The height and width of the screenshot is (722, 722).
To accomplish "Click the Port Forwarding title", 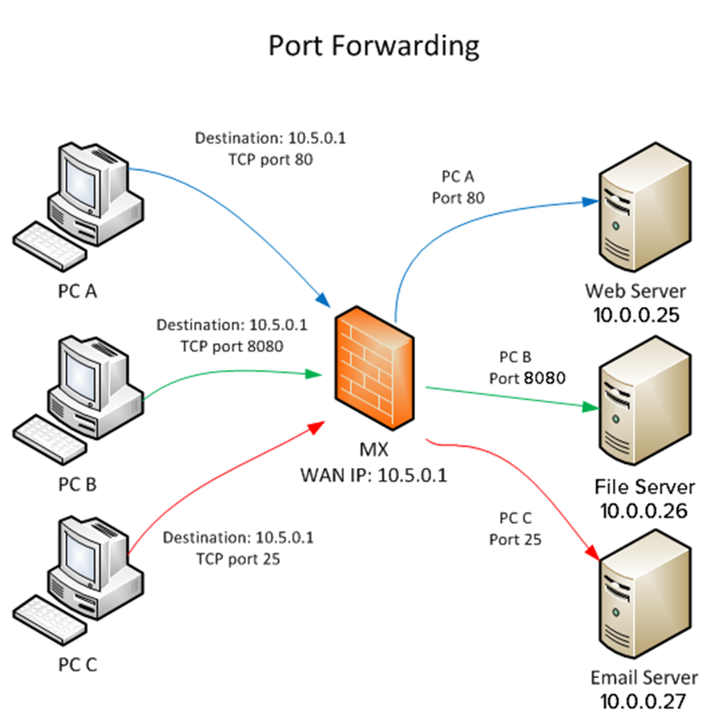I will pos(373,45).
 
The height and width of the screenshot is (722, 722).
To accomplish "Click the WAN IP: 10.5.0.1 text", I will pos(373,474).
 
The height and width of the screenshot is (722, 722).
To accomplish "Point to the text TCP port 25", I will pos(238,559).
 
